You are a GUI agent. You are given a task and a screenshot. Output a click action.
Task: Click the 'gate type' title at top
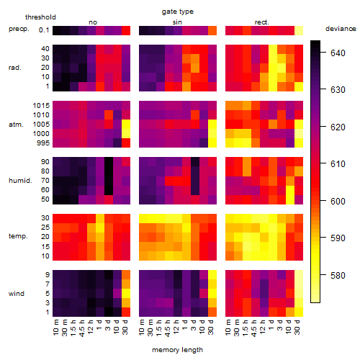pos(178,12)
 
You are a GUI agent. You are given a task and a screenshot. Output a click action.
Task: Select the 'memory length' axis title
pos(177,350)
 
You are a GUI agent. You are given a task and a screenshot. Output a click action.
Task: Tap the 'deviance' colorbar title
pos(341,29)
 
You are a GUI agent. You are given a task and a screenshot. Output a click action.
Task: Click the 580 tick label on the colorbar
pos(338,275)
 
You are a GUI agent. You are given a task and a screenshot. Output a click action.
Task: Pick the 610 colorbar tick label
pos(338,164)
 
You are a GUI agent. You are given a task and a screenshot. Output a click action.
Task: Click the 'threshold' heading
pos(40,17)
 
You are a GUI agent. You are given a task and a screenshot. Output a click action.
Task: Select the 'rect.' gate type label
pos(261,22)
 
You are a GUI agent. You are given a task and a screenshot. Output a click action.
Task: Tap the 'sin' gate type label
pos(177,22)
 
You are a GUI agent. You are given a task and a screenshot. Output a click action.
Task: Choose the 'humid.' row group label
pos(20,181)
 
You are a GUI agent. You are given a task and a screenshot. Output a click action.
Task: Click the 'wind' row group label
pos(17,294)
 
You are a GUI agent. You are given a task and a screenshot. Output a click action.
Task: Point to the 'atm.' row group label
pos(16,125)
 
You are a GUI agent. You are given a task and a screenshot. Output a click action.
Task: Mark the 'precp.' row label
pos(19,29)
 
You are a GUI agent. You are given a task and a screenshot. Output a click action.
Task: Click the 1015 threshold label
pos(41,106)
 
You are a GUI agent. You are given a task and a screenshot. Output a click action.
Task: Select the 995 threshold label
pos(43,143)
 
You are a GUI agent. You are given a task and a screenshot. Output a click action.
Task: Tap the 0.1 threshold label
pos(44,30)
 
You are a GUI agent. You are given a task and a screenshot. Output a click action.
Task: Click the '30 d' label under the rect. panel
pos(297,327)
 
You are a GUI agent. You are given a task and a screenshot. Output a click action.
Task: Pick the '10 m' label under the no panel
pos(55,327)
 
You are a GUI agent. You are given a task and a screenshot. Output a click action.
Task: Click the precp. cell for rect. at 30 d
pos(299,30)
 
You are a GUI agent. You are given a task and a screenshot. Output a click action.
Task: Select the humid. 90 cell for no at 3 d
pos(109,162)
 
